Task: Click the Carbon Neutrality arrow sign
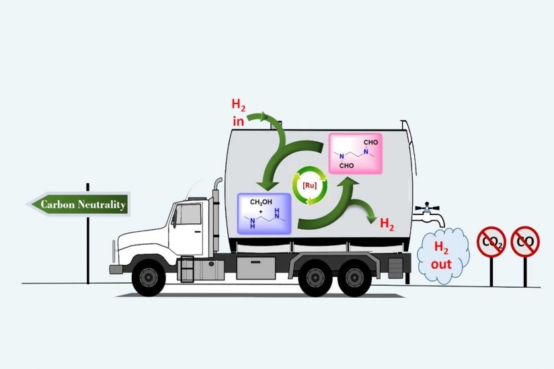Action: point(79,204)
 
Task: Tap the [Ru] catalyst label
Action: point(310,186)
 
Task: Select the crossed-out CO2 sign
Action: point(491,242)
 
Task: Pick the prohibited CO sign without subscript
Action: point(525,241)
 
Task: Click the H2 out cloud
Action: point(443,255)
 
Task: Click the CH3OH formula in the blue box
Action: point(261,202)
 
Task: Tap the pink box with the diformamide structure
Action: point(356,154)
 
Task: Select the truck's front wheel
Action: point(149,278)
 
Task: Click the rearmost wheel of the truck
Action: point(354,278)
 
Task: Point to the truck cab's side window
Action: point(188,214)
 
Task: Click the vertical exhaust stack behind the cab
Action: point(216,214)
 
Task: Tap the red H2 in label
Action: point(239,113)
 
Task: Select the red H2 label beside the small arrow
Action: point(387,224)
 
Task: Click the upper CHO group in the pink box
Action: point(370,142)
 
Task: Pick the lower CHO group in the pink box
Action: point(346,165)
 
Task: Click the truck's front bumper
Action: point(116,270)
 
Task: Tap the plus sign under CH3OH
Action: point(261,212)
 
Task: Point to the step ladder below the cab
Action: point(188,269)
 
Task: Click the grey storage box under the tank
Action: point(255,268)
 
